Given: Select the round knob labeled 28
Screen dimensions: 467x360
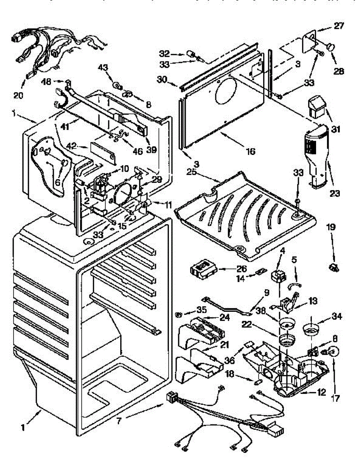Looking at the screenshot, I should [x=331, y=47].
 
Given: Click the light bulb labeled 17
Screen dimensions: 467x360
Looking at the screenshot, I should [x=333, y=353].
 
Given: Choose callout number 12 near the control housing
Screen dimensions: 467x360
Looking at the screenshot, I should [x=321, y=392].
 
